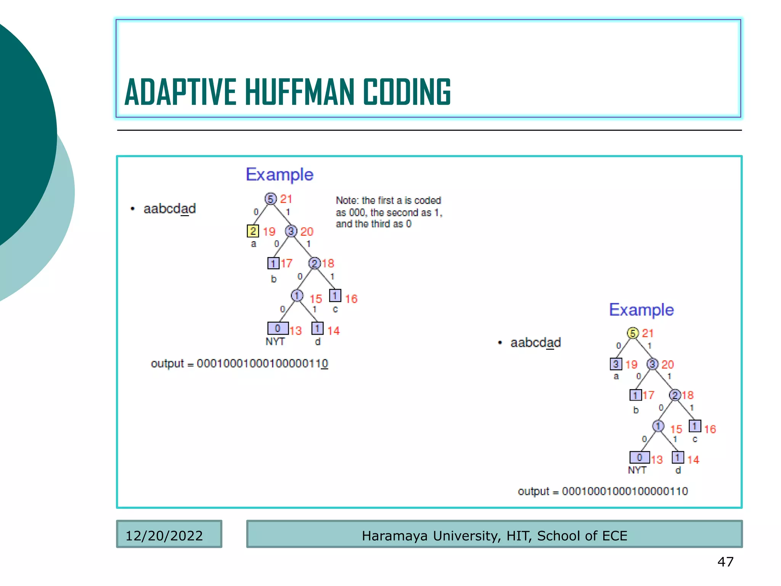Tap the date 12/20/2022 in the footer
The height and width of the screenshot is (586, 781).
[x=164, y=536]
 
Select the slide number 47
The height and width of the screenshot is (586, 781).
[x=725, y=562]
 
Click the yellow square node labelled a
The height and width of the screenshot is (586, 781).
[x=253, y=231]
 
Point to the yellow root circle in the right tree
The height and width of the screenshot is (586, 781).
[x=633, y=333]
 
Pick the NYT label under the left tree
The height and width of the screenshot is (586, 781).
[x=275, y=341]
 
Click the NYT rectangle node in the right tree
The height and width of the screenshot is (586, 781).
[x=640, y=457]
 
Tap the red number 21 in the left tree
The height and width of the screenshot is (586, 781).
[x=286, y=199]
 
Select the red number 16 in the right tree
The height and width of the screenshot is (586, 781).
[x=710, y=429]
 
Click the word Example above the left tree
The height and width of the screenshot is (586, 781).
[x=280, y=175]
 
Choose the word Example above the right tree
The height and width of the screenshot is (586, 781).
[x=641, y=310]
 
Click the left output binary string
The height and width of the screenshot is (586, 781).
[x=262, y=364]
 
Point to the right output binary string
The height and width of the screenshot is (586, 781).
[x=625, y=491]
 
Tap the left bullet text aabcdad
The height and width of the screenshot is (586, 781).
[x=170, y=209]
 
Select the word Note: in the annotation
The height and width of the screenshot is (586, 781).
[x=347, y=200]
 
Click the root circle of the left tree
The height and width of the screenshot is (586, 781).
[x=270, y=199]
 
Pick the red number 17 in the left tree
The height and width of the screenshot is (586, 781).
[x=287, y=263]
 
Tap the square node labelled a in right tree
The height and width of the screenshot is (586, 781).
[x=616, y=364]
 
